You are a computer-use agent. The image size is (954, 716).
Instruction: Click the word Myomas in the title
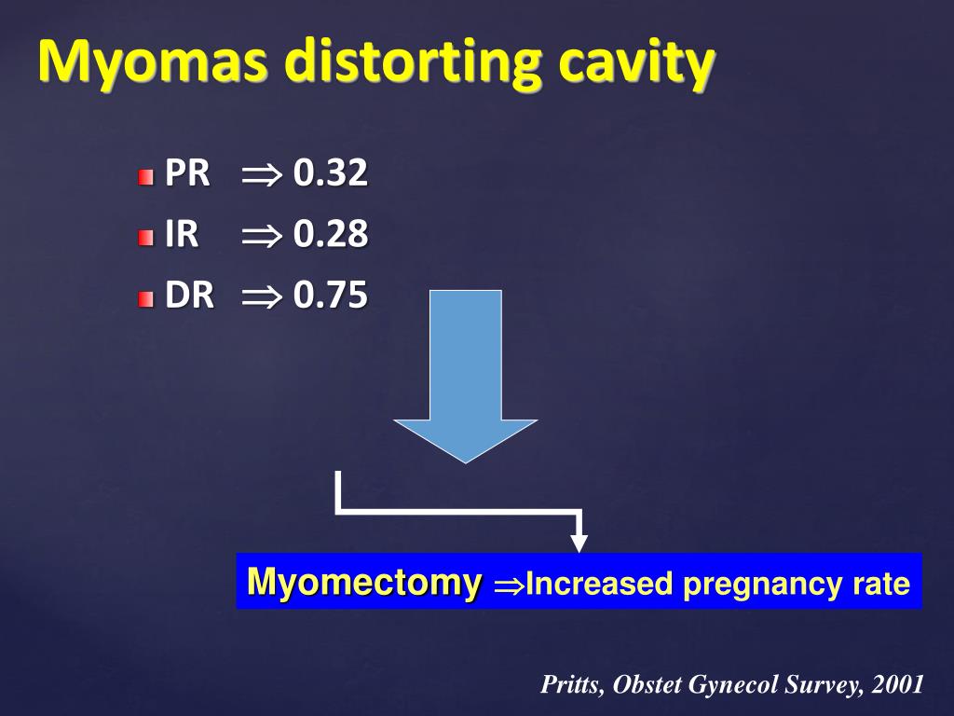point(153,62)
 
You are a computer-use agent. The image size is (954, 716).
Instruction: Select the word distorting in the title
point(413,62)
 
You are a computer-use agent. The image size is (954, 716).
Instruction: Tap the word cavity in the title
point(636,62)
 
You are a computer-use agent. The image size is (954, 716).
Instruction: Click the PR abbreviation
point(187,172)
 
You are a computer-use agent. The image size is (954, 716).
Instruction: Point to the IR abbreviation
point(182,234)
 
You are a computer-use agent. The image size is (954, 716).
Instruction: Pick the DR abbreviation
point(190,296)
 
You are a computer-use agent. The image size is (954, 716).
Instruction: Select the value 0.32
point(331,172)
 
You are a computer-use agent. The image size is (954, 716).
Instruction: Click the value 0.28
point(331,234)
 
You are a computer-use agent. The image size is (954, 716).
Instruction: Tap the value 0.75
point(331,296)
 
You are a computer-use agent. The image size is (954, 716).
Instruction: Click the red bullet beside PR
point(145,177)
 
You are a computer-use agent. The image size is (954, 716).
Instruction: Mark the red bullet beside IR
point(145,238)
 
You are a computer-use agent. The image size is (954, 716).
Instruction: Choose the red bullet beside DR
point(145,299)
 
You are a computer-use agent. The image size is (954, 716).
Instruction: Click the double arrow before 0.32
point(262,175)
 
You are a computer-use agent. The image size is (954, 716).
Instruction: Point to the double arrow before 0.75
point(262,297)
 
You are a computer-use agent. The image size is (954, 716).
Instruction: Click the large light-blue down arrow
point(466,377)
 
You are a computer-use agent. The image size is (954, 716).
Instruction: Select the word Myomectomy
point(364,582)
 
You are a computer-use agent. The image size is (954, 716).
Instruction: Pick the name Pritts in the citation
point(571,684)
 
